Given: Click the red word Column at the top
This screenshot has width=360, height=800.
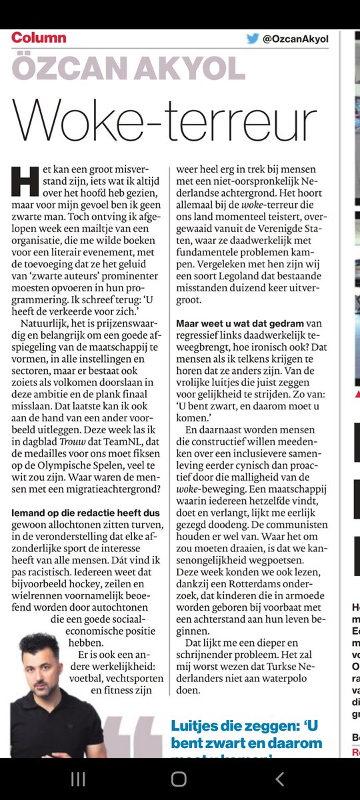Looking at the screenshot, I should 39,37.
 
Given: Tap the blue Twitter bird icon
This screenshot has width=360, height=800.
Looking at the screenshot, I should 253,39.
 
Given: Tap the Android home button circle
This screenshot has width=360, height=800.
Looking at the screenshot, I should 179,779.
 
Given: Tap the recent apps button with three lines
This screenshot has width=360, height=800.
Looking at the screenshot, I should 78,779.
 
